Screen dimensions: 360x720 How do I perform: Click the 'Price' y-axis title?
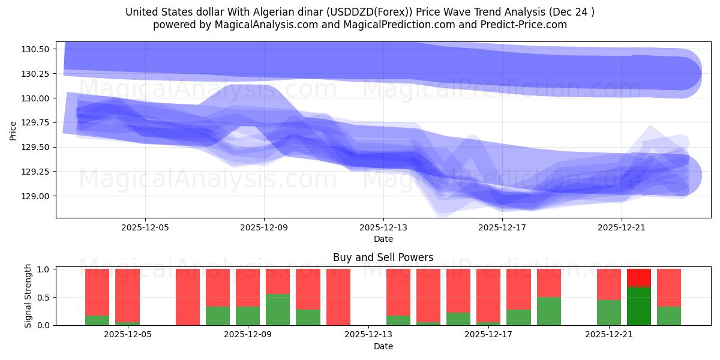pos(13,130)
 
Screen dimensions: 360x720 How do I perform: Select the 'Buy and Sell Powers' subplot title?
pos(383,257)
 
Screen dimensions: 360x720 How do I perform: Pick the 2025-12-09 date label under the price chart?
pos(264,228)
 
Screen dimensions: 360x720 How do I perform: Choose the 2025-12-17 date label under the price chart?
pos(502,228)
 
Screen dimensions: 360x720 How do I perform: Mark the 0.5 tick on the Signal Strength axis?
pos(45,298)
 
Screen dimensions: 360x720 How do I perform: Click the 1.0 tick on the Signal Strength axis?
pos(45,269)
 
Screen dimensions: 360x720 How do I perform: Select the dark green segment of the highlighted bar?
pos(638,306)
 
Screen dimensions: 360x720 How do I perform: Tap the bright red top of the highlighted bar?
pos(638,277)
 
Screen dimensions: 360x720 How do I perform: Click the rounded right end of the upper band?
pos(684,73)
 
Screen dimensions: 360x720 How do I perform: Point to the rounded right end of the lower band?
pos(684,175)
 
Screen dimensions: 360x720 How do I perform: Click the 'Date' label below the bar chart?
pos(383,346)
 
